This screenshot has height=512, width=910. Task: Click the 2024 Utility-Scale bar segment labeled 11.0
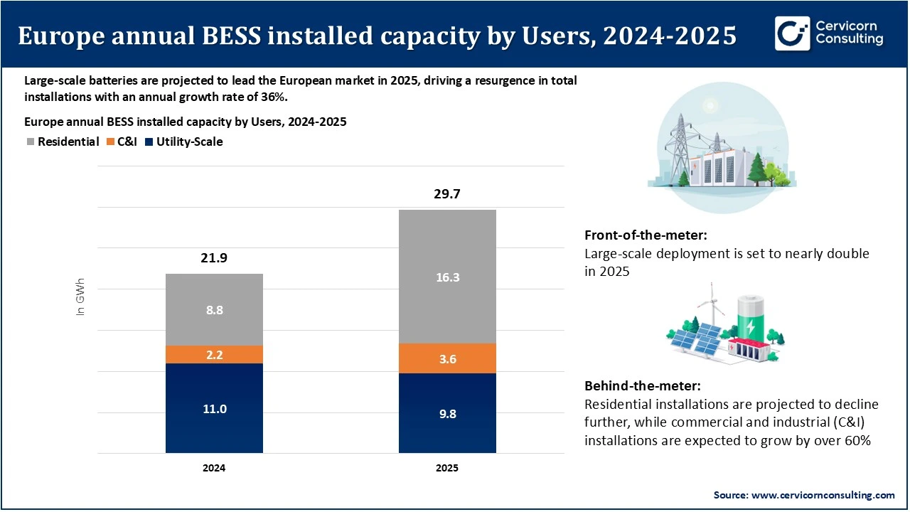click(214, 408)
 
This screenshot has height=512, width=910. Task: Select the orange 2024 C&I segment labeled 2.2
click(214, 354)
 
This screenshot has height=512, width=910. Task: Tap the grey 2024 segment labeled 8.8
click(214, 309)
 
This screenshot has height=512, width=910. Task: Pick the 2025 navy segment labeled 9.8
click(447, 413)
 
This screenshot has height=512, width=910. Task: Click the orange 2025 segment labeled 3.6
click(447, 358)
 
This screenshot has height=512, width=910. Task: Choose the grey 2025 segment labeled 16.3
click(447, 277)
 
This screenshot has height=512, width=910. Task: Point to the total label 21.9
click(214, 259)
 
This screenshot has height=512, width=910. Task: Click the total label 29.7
click(447, 194)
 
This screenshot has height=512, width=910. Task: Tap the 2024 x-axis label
click(214, 469)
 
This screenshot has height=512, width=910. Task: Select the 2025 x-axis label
click(447, 469)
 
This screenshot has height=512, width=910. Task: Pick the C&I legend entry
click(122, 142)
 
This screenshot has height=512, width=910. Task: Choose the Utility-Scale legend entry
click(183, 142)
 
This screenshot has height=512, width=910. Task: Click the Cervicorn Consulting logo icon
click(792, 33)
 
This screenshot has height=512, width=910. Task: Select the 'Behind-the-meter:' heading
click(643, 386)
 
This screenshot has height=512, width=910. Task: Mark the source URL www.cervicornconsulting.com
click(814, 495)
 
